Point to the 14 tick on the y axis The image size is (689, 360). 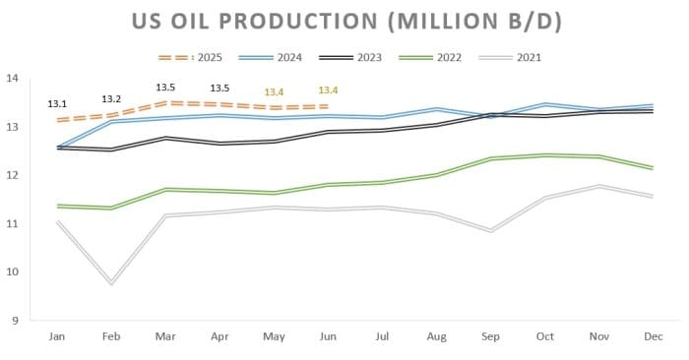point(13,78)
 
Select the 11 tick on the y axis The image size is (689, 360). point(13,223)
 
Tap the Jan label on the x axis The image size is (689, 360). point(58,337)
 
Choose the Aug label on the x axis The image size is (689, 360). point(435,337)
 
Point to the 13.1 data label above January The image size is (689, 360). point(58,103)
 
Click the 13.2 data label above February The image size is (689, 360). point(112,98)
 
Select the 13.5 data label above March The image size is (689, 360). point(166,88)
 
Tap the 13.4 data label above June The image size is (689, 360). point(328,91)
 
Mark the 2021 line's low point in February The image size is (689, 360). point(112,283)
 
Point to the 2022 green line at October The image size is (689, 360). point(543,154)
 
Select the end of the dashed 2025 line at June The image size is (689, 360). point(328,106)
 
